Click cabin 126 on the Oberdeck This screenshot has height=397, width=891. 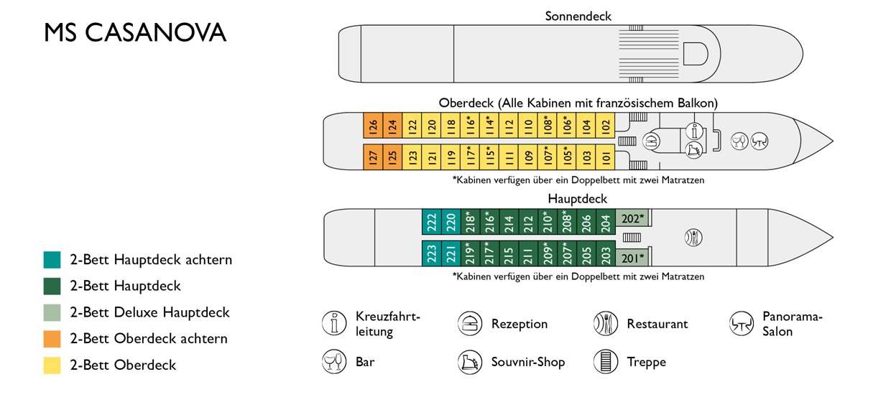(373, 127)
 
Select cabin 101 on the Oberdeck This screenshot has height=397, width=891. (605, 156)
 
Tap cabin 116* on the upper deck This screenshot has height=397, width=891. (470, 127)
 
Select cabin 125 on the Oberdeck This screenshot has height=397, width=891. (392, 156)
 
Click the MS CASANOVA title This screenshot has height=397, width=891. (135, 32)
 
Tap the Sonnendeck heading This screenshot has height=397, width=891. (578, 16)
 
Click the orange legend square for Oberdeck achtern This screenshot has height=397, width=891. (52, 338)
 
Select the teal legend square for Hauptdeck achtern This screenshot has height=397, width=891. (52, 260)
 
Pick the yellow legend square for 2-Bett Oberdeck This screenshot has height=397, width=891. (52, 365)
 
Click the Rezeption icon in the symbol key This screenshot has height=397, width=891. (470, 324)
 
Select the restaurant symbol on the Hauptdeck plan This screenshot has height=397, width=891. (693, 237)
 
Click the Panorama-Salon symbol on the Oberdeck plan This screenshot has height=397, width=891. (760, 141)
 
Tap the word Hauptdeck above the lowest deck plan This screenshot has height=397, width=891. (578, 199)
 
